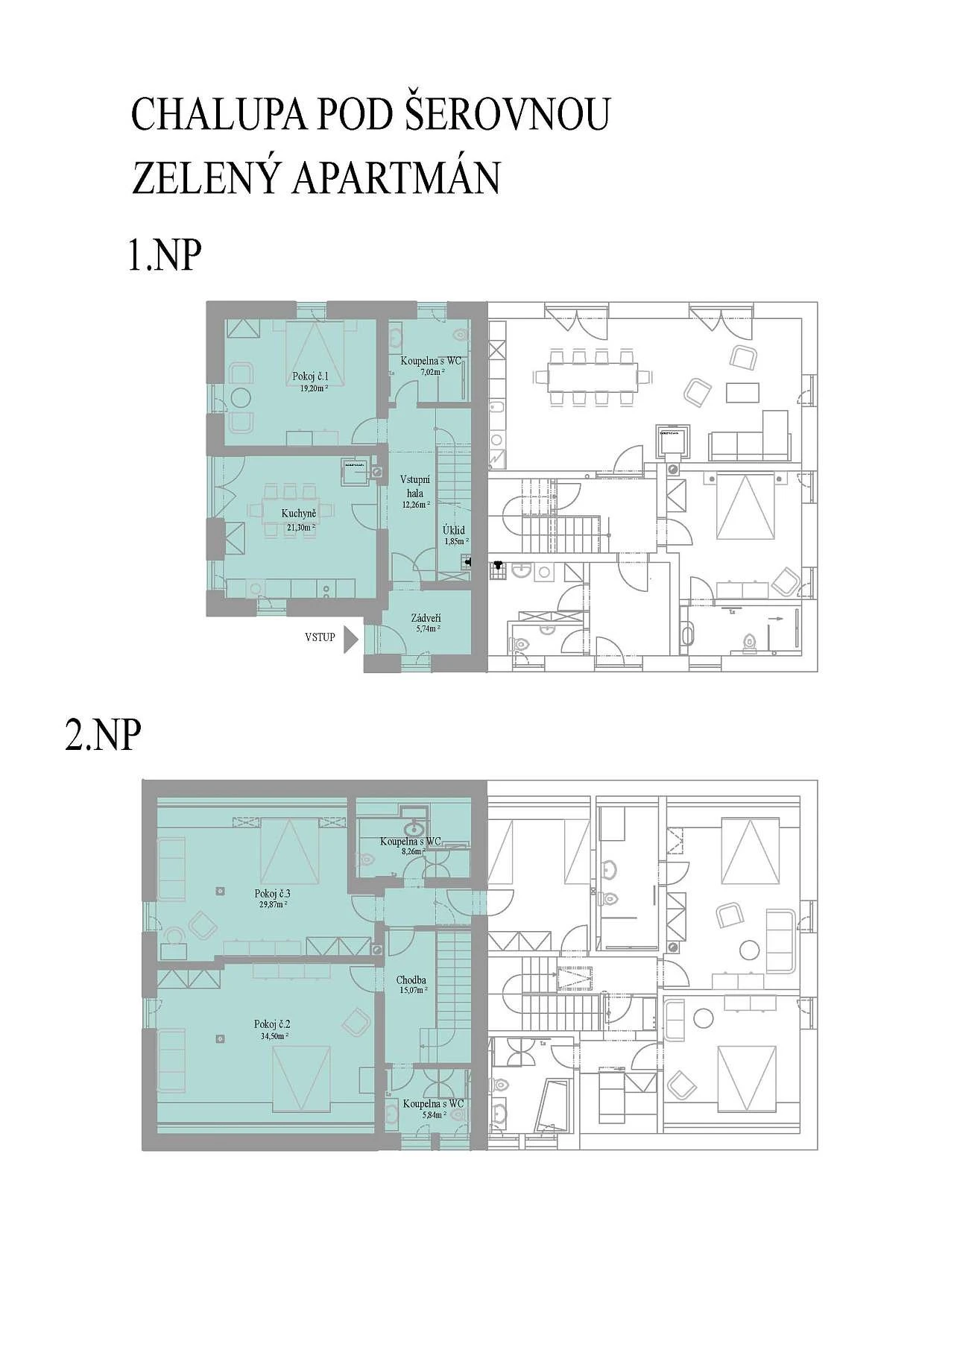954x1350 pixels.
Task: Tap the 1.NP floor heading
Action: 165,256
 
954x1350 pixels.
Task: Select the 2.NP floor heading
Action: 103,736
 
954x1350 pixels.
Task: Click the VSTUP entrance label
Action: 320,637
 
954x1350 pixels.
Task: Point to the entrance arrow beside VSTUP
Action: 350,638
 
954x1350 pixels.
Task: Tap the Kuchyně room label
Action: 299,514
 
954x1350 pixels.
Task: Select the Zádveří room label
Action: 426,618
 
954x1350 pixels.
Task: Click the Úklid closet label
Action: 454,529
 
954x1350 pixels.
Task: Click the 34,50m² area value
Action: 271,1035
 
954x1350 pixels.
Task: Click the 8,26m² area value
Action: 410,851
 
